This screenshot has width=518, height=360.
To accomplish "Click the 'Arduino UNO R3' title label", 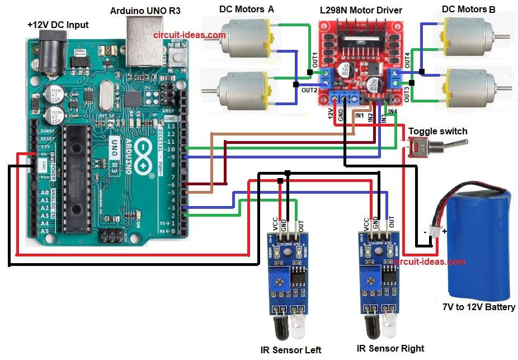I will click(x=145, y=11).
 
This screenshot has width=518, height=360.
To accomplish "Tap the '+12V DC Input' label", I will click(x=58, y=25).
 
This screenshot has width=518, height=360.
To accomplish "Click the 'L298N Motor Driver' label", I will click(x=361, y=11).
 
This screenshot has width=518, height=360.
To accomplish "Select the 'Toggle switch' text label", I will click(x=437, y=131).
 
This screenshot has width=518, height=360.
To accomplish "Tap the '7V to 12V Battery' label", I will click(x=478, y=307).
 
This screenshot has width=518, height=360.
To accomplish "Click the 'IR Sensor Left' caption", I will click(x=291, y=350).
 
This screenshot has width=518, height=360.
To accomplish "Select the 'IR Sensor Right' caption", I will click(x=390, y=349).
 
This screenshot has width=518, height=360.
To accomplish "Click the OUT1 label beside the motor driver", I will click(x=315, y=60).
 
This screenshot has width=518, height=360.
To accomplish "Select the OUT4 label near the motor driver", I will click(x=407, y=60).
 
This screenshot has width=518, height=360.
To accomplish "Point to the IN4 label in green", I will click(x=392, y=112).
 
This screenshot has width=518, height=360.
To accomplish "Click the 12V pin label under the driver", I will click(x=331, y=114).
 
